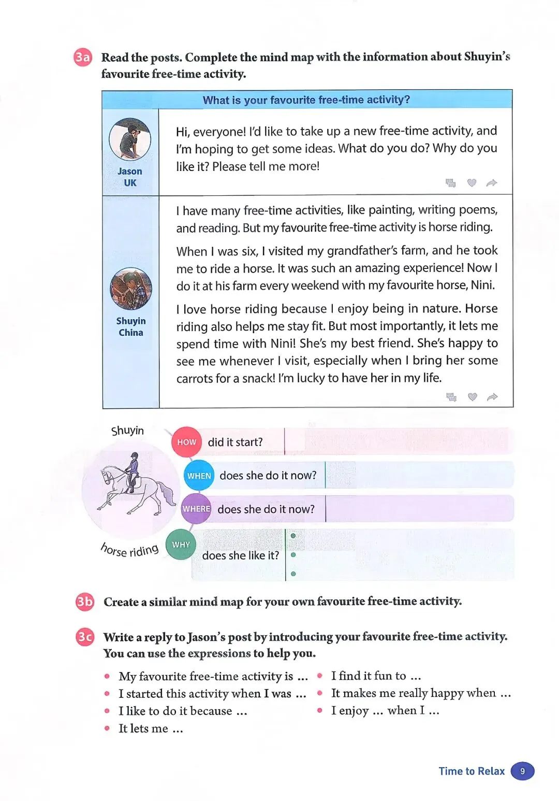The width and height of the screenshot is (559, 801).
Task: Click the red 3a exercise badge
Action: pos(83,57)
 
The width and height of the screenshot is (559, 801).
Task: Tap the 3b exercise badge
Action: pos(85,602)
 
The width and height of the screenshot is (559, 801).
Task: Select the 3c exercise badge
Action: pos(85,636)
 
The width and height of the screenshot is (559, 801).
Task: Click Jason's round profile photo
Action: pos(130,139)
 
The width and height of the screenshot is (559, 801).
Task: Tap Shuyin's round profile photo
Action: pos(131,289)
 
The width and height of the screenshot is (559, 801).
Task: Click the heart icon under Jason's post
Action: pos(472,182)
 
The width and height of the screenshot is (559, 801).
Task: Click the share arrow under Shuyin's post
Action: pos(492,397)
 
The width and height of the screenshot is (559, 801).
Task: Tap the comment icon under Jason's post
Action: pos(451,182)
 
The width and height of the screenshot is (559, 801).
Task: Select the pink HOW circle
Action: pos(186,442)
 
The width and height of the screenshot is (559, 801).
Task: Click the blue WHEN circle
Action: pos(199,476)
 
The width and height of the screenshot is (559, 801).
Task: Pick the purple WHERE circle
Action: pos(196,509)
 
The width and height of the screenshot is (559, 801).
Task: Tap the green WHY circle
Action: pos(181,545)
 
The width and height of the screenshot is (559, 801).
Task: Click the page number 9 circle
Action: pos(522,771)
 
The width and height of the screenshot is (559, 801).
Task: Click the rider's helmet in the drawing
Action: pos(135,455)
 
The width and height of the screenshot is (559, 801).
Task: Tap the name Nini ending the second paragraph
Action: pos(482,285)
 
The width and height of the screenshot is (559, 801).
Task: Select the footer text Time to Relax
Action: pos(472,771)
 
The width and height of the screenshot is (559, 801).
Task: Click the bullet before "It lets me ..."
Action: pos(107,728)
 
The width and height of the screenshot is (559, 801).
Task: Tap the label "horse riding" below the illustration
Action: pos(129,550)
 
